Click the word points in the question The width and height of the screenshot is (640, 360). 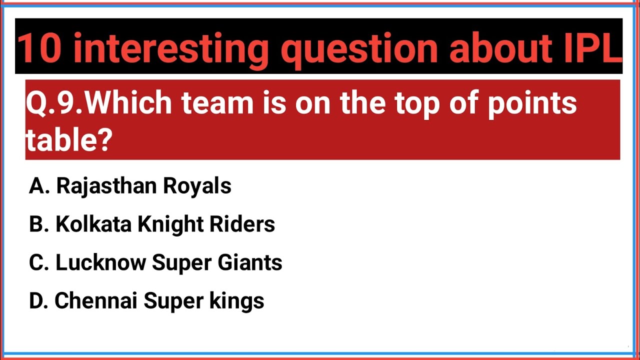[x=532, y=103]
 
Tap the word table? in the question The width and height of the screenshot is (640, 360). [x=68, y=141]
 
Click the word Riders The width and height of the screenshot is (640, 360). [x=242, y=224]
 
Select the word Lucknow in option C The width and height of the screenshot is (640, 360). [x=100, y=263]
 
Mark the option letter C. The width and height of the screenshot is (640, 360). [x=36, y=263]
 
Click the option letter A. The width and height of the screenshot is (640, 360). [x=36, y=186]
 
